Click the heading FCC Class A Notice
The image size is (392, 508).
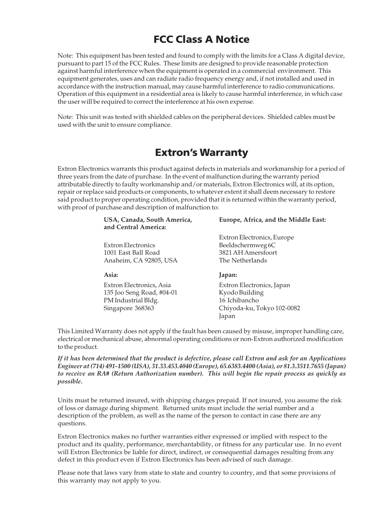point(201,39)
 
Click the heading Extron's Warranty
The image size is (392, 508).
point(201,153)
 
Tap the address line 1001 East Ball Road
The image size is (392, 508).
point(131,253)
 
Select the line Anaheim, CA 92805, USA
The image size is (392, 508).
point(141,260)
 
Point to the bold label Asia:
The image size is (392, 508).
point(111,275)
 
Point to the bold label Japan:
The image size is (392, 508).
point(228,275)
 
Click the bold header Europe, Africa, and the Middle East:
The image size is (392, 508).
point(272,220)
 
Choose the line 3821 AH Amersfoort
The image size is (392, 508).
point(248,253)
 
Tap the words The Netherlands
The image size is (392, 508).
point(243,260)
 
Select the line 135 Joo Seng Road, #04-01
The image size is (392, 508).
point(141,292)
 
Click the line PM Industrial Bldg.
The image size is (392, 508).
point(131,300)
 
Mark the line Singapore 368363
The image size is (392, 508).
point(129,308)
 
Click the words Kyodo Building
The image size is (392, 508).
point(241,292)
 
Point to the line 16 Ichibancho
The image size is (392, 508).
point(239,300)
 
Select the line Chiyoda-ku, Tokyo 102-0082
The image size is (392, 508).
point(259,308)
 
